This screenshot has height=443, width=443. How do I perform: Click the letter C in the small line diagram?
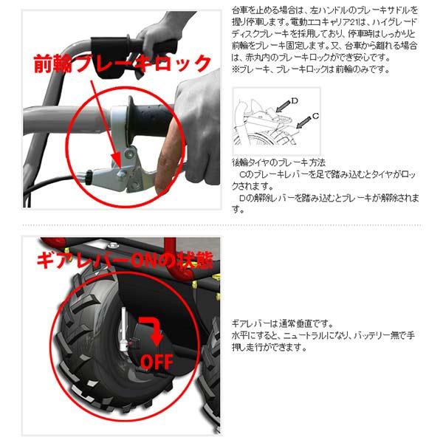[x=315, y=115]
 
